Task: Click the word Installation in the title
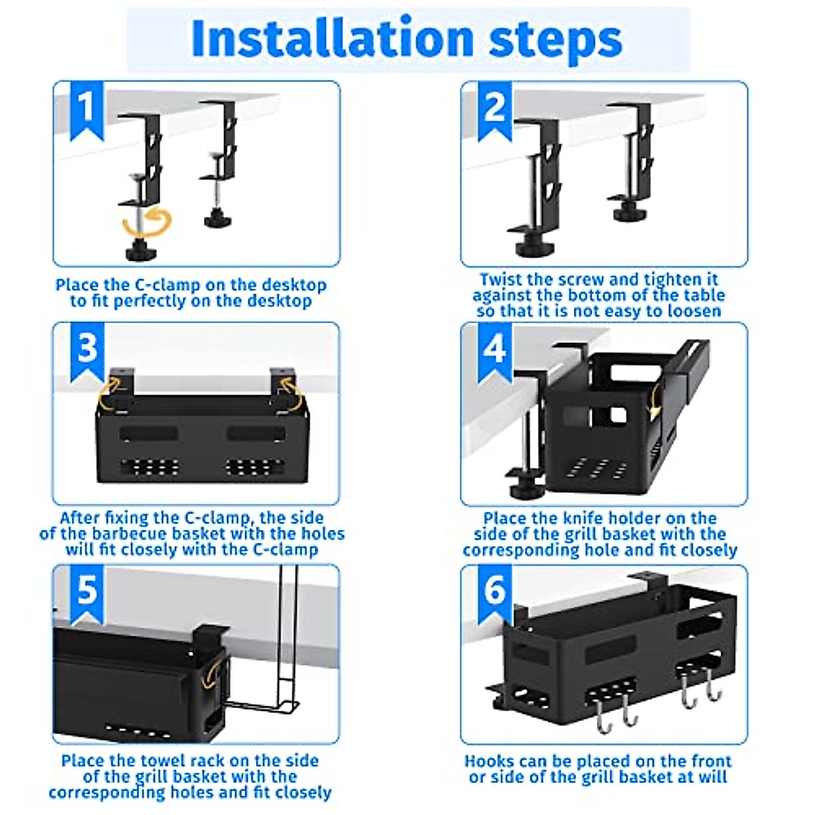pos(333,38)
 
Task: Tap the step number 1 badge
pos(87,111)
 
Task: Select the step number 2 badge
pos(495,111)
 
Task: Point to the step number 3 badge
pos(87,352)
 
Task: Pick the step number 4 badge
pos(495,352)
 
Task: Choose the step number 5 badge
pos(87,594)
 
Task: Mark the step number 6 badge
pos(495,594)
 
